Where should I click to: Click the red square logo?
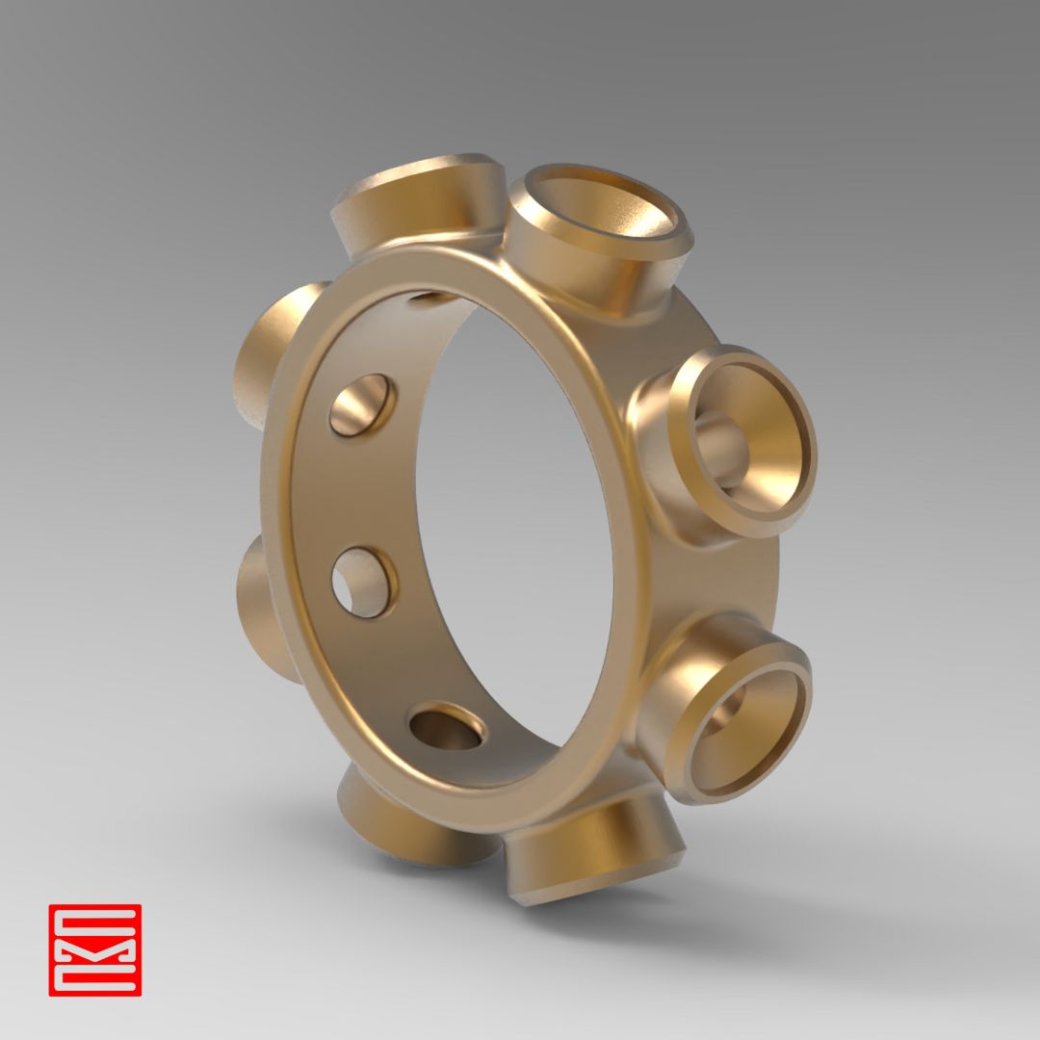pos(94,949)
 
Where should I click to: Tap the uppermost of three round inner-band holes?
pos(362,405)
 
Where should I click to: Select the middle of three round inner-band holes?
pos(363,583)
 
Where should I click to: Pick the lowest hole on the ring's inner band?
pos(446,728)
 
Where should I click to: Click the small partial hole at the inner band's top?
pos(431,298)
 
